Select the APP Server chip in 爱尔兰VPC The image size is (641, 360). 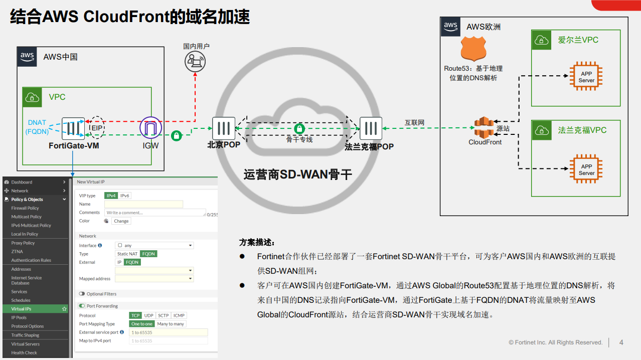tap(586, 77)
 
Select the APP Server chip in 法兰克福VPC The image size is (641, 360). tap(586, 169)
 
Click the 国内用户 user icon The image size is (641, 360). tap(195, 62)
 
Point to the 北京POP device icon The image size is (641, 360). tap(224, 128)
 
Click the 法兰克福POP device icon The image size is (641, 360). tap(371, 128)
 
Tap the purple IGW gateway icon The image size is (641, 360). tap(150, 128)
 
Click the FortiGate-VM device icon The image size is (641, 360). tap(73, 128)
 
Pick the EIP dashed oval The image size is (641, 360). tap(96, 128)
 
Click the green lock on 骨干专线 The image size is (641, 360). tap(299, 129)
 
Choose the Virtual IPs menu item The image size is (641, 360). tap(22, 309)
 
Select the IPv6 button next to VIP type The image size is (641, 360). tap(124, 196)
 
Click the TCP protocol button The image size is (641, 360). tap(135, 315)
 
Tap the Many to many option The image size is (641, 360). tap(171, 324)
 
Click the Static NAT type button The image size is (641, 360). tap(127, 254)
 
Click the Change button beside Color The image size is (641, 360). tap(121, 221)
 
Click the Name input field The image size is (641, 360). tap(143, 204)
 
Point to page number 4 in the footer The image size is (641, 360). tap(621, 342)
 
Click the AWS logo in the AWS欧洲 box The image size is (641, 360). tap(450, 27)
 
